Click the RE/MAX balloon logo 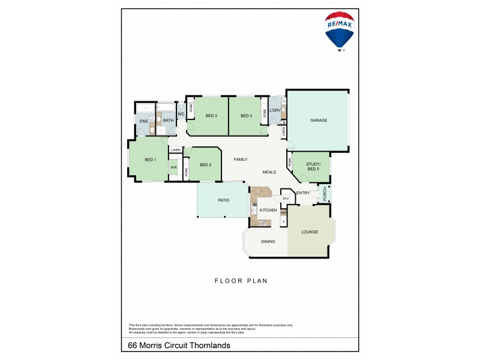click(340, 31)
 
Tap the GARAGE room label click(319, 121)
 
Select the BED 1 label click(150, 160)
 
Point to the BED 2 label click(205, 165)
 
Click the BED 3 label click(211, 116)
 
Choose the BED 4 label click(246, 116)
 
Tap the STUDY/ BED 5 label click(313, 167)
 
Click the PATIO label click(224, 200)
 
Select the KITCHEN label click(268, 210)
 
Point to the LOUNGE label click(310, 232)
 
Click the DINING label click(268, 242)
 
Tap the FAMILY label click(241, 159)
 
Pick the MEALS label click(269, 172)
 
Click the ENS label click(143, 121)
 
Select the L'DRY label click(275, 110)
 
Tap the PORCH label click(325, 193)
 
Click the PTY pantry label click(286, 199)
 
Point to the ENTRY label click(303, 193)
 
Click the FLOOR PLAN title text click(241, 280)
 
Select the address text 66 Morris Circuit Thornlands click(179, 346)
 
